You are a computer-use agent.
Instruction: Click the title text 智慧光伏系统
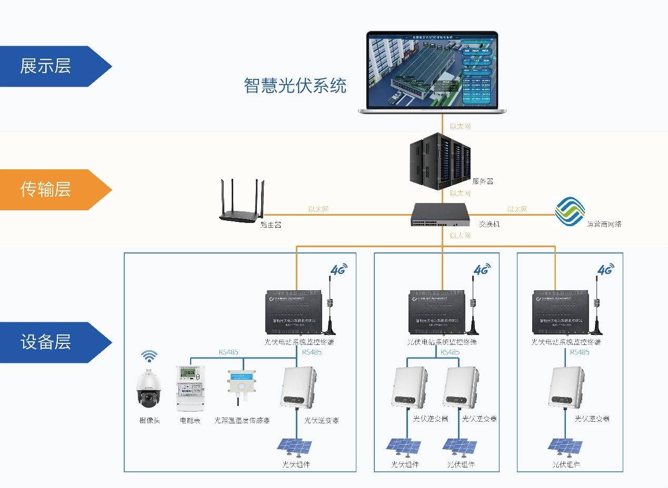click(x=295, y=85)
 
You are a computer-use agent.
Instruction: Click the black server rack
click(x=440, y=160)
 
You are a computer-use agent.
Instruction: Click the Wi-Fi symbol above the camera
click(x=149, y=357)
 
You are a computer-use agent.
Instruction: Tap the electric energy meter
click(x=190, y=388)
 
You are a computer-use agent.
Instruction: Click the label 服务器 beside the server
click(x=483, y=181)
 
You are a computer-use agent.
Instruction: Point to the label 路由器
click(x=271, y=225)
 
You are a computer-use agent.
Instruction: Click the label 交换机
click(x=489, y=224)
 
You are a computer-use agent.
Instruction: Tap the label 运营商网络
click(x=604, y=224)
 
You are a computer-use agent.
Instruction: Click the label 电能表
click(x=190, y=421)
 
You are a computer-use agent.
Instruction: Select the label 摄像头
click(x=149, y=421)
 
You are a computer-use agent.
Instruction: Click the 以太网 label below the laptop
click(x=460, y=127)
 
